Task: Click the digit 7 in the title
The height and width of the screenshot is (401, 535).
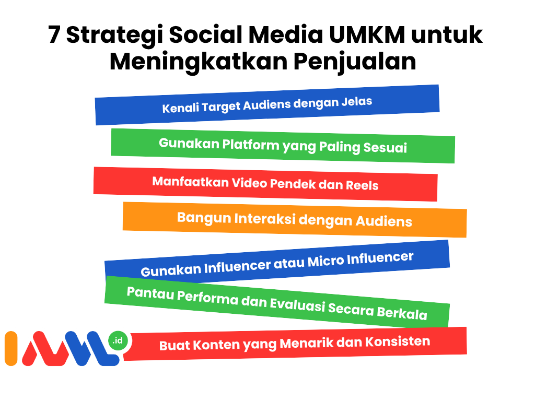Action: tap(54, 35)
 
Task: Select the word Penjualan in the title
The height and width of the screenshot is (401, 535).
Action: tap(355, 62)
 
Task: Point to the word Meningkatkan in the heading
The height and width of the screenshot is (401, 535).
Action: tap(199, 62)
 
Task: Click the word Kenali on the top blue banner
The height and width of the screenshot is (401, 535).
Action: tap(180, 108)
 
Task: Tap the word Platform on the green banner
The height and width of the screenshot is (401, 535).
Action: tap(251, 145)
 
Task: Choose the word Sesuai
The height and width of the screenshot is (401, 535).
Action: tap(385, 148)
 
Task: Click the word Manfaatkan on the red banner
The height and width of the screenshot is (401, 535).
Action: tap(190, 182)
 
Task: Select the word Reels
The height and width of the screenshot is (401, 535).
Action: tap(362, 185)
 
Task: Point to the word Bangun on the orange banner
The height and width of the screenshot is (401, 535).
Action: tap(204, 218)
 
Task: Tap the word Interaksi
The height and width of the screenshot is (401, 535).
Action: tap(265, 219)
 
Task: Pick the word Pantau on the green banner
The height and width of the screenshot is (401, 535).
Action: tap(150, 293)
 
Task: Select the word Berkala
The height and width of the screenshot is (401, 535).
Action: tap(402, 313)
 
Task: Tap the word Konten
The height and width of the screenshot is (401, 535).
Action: tap(217, 345)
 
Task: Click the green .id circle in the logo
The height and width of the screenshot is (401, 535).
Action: tap(118, 340)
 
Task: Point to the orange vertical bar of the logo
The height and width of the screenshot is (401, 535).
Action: tap(11, 348)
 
